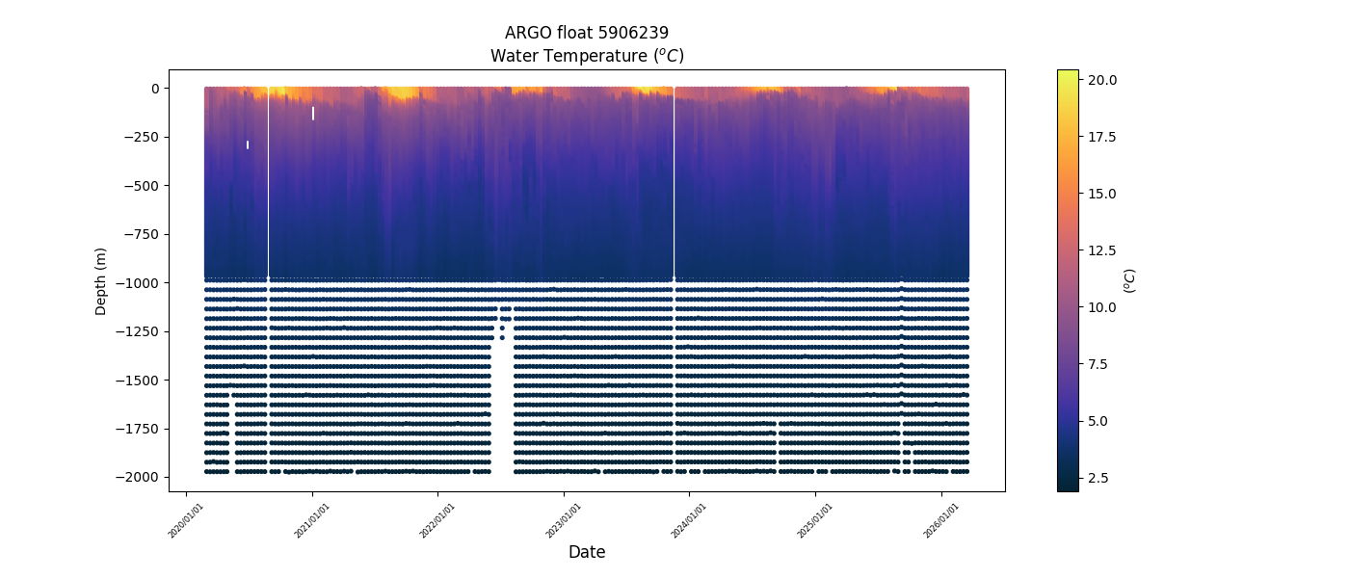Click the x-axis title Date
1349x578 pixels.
(587, 552)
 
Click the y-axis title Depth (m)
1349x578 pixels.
(100, 280)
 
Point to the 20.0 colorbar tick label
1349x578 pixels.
(1102, 79)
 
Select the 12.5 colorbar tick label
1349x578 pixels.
(1102, 250)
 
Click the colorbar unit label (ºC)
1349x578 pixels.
(1130, 280)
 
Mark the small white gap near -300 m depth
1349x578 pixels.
(248, 144)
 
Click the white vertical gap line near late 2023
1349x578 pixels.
(674, 183)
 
